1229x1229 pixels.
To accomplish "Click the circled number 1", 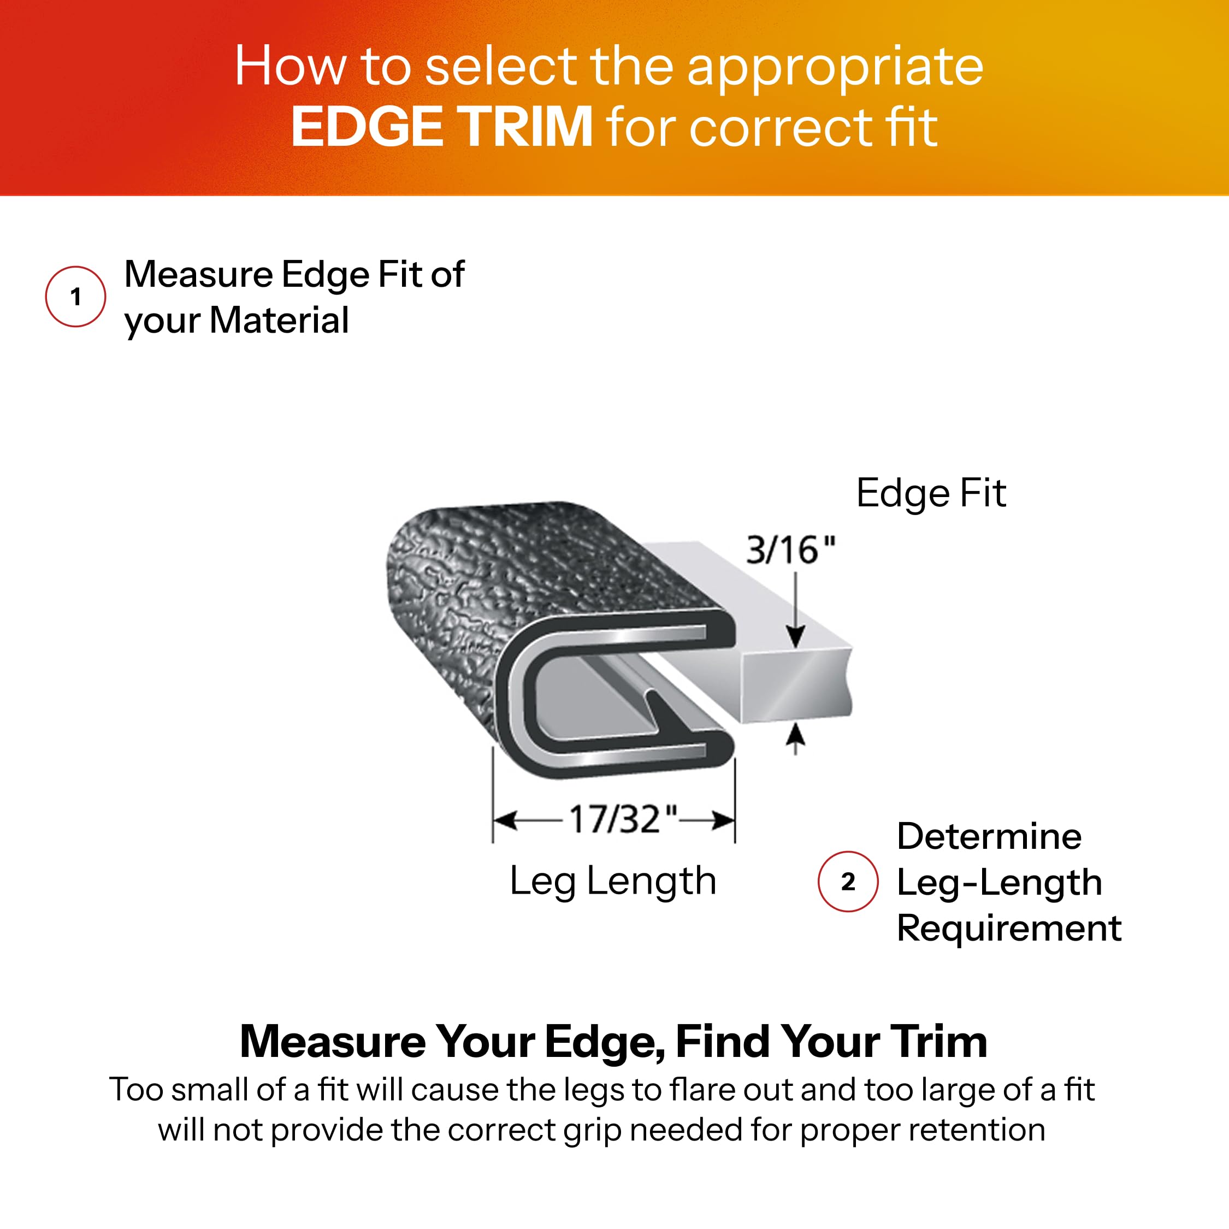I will click(76, 297).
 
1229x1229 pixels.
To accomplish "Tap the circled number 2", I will click(847, 882).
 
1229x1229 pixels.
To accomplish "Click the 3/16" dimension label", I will click(790, 550).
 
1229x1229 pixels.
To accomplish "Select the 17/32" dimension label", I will click(623, 819).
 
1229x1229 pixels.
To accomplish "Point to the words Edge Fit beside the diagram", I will click(931, 494).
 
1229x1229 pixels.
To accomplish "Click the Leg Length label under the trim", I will click(613, 882).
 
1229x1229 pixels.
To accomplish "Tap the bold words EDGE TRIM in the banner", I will click(441, 127).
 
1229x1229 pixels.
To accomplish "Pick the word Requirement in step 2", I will click(1008, 928).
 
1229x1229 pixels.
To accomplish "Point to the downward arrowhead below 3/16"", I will click(795, 636).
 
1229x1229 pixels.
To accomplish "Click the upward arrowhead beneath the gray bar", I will click(795, 736).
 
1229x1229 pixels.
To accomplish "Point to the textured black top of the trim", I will click(541, 560).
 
